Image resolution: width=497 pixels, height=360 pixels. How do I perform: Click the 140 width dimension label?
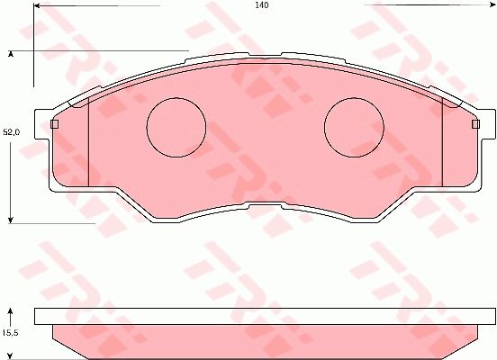click(x=261, y=5)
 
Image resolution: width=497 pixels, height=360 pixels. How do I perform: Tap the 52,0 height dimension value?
click(x=11, y=132)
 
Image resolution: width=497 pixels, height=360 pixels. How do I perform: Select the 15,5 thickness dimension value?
click(x=10, y=333)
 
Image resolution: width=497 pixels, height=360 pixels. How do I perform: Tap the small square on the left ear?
click(x=54, y=124)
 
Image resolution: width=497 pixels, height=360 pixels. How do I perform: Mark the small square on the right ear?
click(x=478, y=124)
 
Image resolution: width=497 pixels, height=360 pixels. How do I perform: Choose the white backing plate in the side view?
click(x=265, y=316)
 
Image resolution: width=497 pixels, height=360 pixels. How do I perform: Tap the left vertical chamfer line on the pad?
click(x=88, y=144)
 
